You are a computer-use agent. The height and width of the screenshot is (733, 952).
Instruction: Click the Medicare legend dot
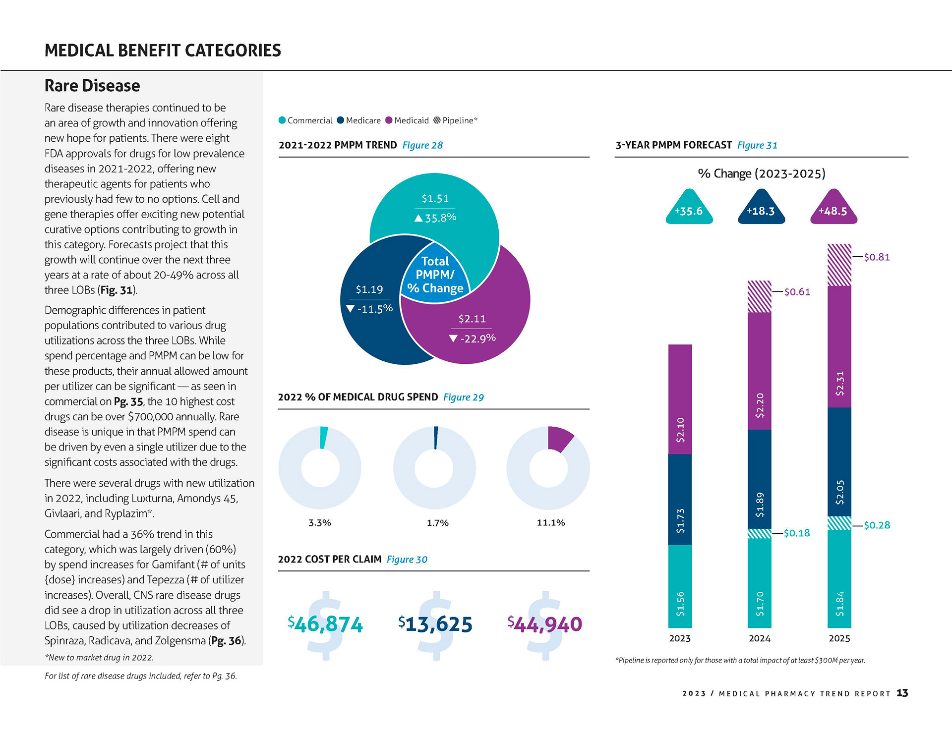(x=340, y=120)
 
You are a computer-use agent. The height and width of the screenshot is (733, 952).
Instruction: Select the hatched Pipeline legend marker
(x=437, y=120)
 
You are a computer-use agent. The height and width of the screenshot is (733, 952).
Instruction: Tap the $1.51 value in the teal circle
(x=435, y=199)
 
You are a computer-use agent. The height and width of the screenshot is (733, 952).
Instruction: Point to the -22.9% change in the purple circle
(x=472, y=338)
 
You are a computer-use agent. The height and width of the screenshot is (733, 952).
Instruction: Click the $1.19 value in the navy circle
(x=369, y=289)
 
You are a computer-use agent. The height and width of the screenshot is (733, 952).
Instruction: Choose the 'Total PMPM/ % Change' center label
(x=435, y=275)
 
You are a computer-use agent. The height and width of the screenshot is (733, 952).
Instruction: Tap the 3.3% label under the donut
(x=320, y=523)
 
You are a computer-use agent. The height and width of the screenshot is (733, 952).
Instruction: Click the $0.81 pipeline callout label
(x=877, y=257)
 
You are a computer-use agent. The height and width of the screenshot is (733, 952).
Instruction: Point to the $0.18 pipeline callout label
(x=797, y=533)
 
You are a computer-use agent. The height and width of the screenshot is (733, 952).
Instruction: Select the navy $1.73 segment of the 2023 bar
(x=680, y=500)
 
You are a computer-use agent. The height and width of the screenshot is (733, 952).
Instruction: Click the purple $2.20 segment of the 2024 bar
(x=759, y=371)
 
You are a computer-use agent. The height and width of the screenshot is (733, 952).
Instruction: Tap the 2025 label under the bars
(x=839, y=638)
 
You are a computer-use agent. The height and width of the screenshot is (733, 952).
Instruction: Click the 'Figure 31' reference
(x=757, y=145)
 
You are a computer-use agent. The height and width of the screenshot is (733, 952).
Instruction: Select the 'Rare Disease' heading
(x=92, y=86)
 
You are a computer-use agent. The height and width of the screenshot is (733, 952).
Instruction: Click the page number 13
(x=902, y=693)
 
